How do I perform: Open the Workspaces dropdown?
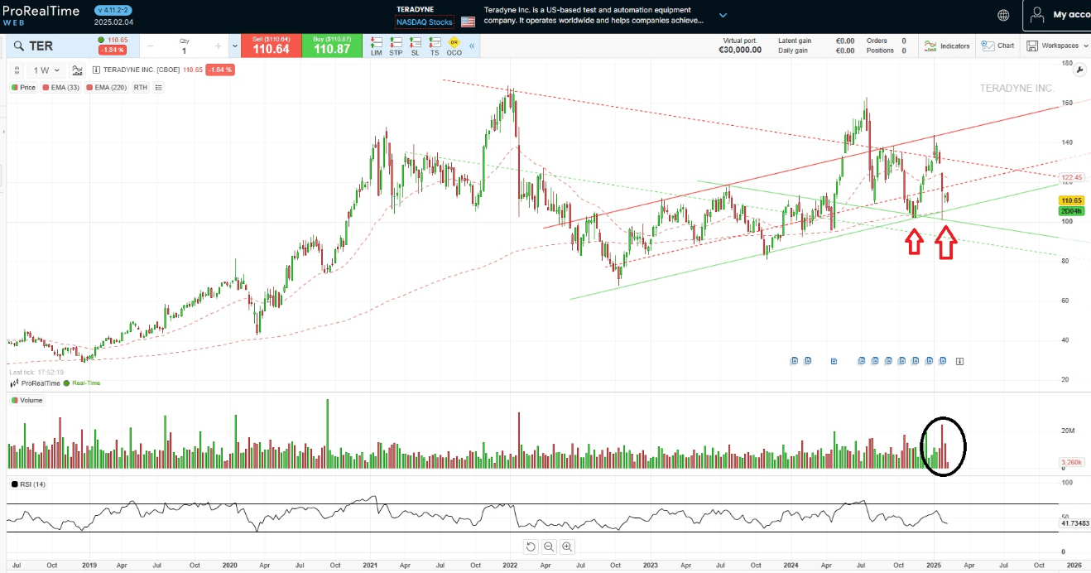coord(1055,46)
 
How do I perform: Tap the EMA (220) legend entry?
coord(108,87)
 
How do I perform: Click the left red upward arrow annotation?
coord(914,241)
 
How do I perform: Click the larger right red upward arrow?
coord(945,244)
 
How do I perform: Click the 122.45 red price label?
coord(1073,177)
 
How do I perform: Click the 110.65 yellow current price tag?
coord(1073,200)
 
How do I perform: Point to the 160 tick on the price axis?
coord(1068,104)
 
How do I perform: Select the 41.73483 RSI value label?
coord(1074,523)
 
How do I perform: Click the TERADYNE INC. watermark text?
coord(1017,88)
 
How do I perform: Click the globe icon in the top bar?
coord(1003,15)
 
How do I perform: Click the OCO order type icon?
coord(454,46)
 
